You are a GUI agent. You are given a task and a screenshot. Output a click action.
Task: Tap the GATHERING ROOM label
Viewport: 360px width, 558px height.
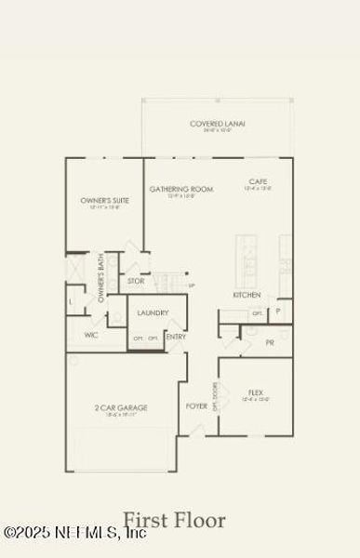pos(180,189)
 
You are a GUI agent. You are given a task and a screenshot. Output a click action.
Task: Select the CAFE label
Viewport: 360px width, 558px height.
pos(259,181)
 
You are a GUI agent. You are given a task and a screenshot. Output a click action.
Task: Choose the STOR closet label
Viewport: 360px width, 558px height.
pos(136,280)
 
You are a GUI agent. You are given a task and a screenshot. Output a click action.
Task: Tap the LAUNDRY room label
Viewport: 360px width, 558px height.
pos(153,313)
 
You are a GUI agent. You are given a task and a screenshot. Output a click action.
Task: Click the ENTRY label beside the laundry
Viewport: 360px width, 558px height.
pos(175,337)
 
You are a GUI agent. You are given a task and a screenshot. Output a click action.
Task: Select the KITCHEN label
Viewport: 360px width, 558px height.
pos(247,296)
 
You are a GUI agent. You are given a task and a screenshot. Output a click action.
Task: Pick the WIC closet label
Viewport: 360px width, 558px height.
pos(91,335)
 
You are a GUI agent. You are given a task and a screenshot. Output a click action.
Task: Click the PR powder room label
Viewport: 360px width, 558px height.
pos(269,342)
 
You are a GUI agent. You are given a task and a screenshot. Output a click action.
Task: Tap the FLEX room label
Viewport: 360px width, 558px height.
pos(256,393)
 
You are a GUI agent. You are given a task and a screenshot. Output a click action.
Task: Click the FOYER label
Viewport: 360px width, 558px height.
pos(195,406)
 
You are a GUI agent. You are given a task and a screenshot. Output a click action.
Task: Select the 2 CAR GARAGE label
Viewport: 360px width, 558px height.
pos(122,407)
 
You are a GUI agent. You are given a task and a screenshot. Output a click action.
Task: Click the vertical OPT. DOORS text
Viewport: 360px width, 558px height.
pos(215,397)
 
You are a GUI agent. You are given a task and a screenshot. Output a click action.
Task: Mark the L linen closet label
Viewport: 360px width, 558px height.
pos(72,302)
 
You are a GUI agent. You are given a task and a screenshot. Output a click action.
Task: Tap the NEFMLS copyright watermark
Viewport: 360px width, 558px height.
pos(74,533)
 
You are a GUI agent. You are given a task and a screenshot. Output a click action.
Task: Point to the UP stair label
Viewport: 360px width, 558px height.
pos(191,286)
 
